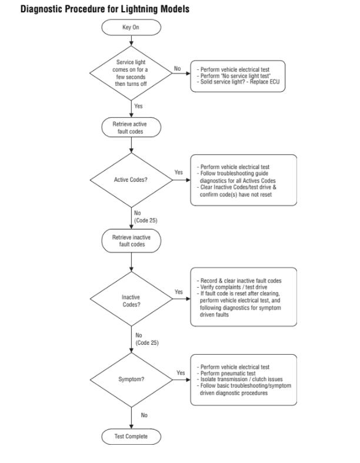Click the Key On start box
pos(131,27)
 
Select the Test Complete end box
pos(131,437)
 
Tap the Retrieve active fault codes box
pos(131,128)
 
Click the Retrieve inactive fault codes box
pos(131,241)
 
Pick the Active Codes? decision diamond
pos(131,179)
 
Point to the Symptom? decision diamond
pos(131,379)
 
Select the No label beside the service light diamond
pos(177,69)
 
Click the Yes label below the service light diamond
pos(139,106)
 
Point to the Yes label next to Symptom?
pos(181,373)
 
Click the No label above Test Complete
pos(144,415)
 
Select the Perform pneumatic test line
pos(229,373)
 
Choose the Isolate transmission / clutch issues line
pos(242,380)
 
